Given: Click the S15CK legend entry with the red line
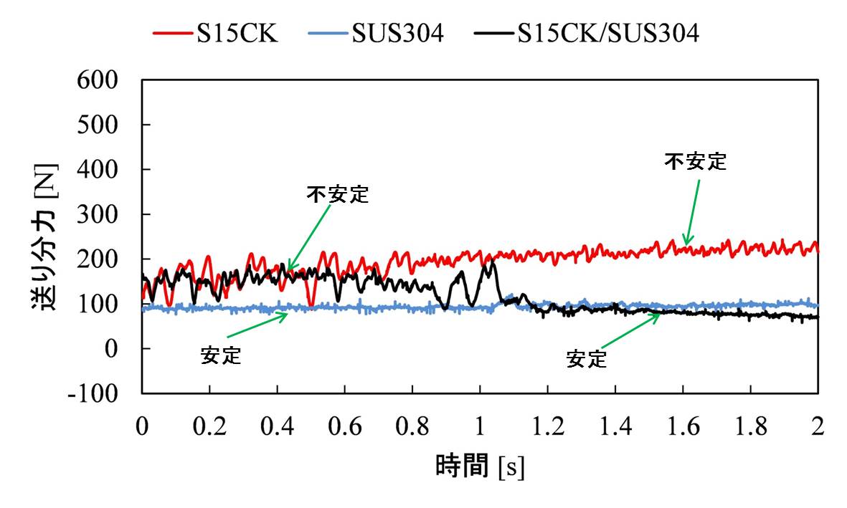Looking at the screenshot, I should point(215,34).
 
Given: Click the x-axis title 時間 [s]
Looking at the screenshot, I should point(480,466).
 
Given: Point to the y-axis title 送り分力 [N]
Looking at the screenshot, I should point(44,236).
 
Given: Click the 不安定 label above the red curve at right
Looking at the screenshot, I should point(695,162).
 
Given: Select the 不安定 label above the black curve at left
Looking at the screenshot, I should point(337,194).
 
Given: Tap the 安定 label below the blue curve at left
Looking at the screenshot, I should point(221,355).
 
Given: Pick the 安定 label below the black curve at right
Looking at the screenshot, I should point(586,358).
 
